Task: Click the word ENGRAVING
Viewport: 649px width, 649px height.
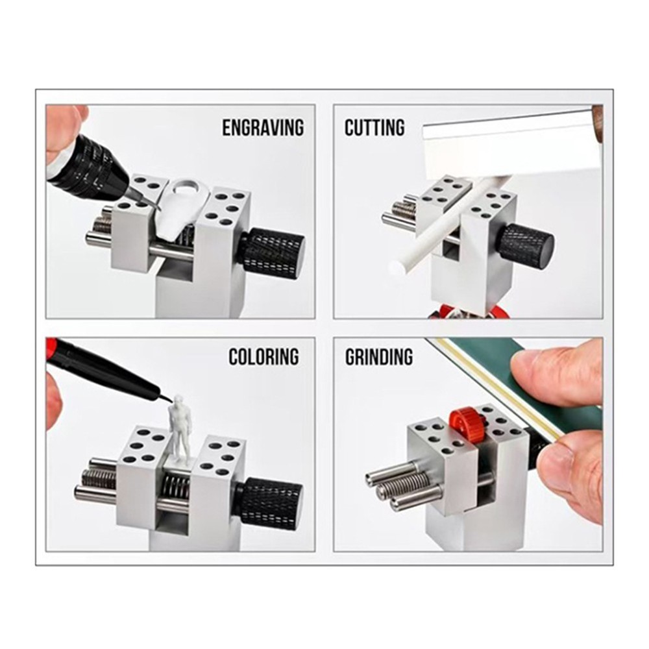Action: (x=263, y=127)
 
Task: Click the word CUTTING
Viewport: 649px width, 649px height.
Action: (x=374, y=127)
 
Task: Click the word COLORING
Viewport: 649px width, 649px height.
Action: (x=263, y=356)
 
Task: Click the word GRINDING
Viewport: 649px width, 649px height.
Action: (x=379, y=356)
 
